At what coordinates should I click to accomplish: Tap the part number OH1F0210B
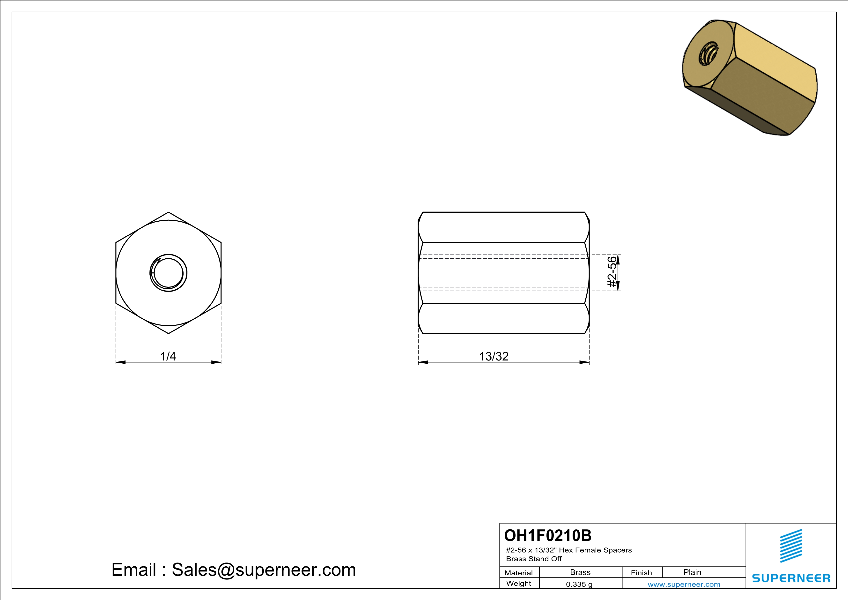[548, 535]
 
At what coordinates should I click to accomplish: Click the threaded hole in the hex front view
[169, 273]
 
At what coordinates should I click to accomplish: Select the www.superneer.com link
[684, 585]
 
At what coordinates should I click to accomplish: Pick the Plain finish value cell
[692, 572]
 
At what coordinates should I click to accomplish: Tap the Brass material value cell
[580, 572]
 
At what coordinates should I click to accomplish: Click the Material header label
[519, 573]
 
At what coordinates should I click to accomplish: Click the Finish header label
[641, 573]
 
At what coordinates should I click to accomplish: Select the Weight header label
[519, 583]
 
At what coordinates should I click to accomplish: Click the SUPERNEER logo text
[791, 578]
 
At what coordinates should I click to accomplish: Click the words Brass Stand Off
[534, 559]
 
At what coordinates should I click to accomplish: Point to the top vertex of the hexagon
[169, 212]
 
